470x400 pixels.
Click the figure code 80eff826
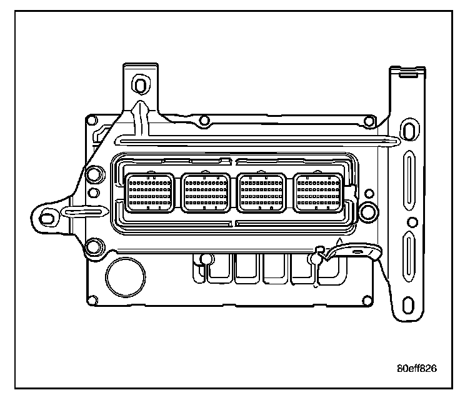pos(416,367)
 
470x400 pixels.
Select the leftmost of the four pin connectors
pos(149,192)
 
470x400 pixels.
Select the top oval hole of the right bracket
pos(408,131)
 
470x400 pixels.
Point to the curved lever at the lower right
pos(353,252)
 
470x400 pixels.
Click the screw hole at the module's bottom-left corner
pos(92,301)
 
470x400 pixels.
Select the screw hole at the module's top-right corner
pos(370,120)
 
